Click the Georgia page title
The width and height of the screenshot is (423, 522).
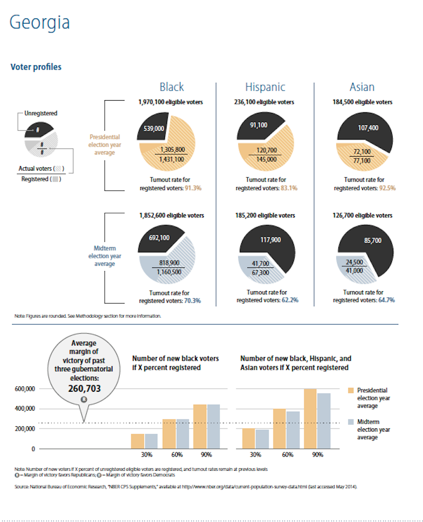click(x=40, y=23)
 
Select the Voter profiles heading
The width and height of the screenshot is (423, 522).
click(x=36, y=67)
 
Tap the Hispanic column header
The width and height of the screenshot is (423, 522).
click(x=265, y=87)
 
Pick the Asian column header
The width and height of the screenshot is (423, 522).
click(x=362, y=87)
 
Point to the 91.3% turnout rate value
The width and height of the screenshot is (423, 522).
click(x=192, y=188)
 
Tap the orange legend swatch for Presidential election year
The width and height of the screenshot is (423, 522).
click(x=351, y=390)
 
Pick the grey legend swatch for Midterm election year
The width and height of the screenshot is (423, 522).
click(x=351, y=422)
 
